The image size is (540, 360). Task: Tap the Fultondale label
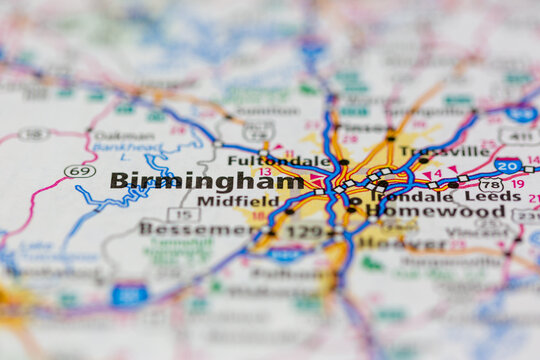click(x=279, y=160)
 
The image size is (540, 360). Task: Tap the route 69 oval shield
click(x=80, y=171)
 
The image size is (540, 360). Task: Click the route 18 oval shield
click(x=34, y=133)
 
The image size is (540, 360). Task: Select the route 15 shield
click(x=183, y=214)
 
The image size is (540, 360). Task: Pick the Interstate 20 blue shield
click(x=507, y=165)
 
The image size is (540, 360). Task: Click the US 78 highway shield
click(x=491, y=184)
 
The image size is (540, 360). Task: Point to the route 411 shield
click(x=518, y=136)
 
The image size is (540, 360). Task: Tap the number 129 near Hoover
click(x=304, y=232)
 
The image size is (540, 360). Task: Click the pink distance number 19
click(x=518, y=184)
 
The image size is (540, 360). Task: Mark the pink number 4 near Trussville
click(x=436, y=173)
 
